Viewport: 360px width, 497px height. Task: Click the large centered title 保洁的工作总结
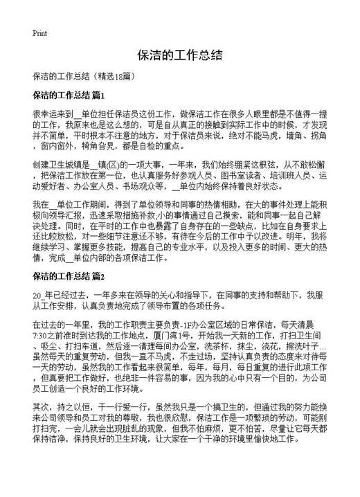pyautogui.click(x=179, y=56)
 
